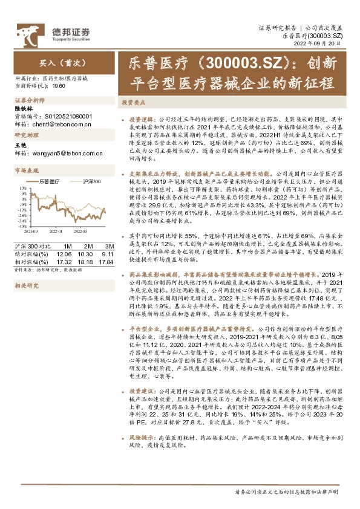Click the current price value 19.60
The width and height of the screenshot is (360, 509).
59,86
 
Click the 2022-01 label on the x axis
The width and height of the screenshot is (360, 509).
57,230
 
